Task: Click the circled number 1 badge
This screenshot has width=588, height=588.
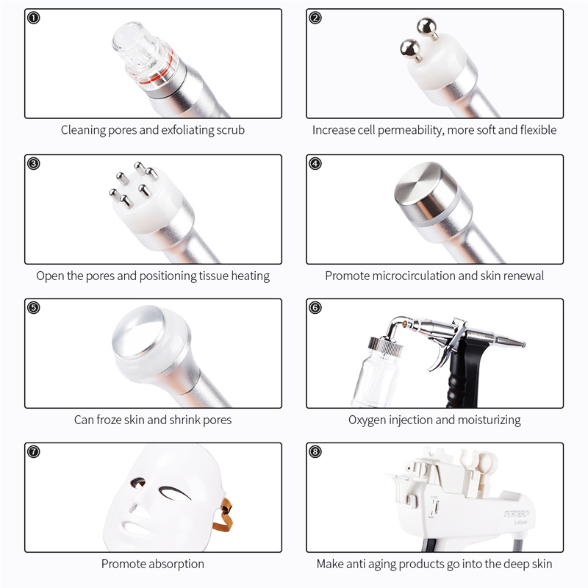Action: point(34,18)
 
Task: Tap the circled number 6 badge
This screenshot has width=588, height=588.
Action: point(315,308)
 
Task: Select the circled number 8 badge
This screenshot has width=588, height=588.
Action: point(315,452)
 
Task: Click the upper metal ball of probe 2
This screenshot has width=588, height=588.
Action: point(427,27)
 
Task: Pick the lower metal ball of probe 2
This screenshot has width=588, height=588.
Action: point(410,49)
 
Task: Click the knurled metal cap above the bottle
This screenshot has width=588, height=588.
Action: point(385,345)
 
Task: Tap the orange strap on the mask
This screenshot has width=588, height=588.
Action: point(224,514)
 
